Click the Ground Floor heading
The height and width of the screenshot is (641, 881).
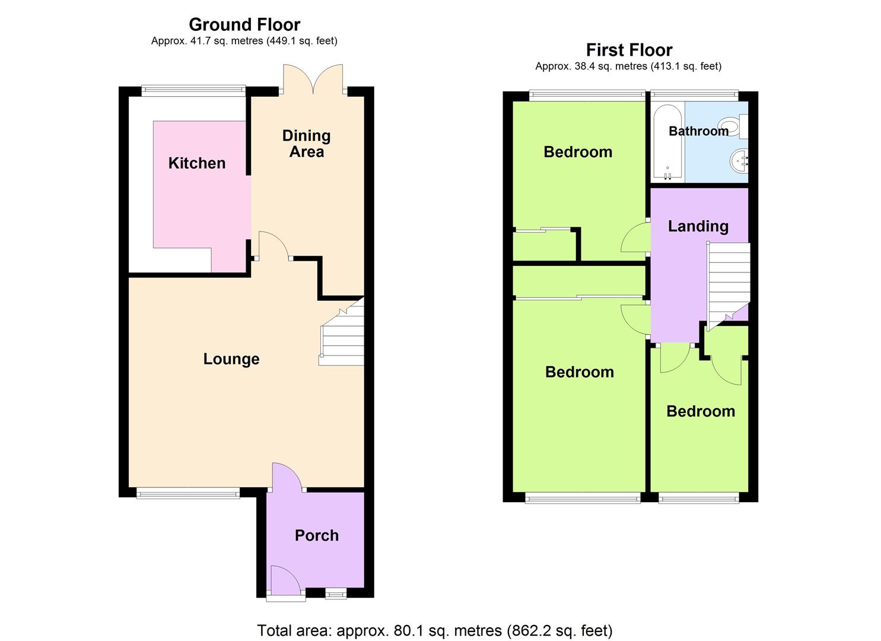tap(244, 25)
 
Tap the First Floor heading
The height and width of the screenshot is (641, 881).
tap(629, 50)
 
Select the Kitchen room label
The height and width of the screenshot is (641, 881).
tap(197, 163)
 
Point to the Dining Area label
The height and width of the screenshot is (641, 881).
tap(306, 144)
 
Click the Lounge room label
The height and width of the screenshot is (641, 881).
tap(231, 359)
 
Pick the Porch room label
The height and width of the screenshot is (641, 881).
tap(317, 535)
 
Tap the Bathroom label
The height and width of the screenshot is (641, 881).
tap(698, 131)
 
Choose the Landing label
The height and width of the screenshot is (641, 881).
tap(698, 226)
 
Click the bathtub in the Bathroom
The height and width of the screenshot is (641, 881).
tap(668, 142)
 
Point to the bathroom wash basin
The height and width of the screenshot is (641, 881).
tap(739, 161)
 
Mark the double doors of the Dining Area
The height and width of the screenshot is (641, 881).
tap(313, 79)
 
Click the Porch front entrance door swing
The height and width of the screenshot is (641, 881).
tap(286, 581)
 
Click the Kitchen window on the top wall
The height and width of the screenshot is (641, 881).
tap(193, 90)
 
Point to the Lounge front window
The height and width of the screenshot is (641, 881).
tap(188, 493)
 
